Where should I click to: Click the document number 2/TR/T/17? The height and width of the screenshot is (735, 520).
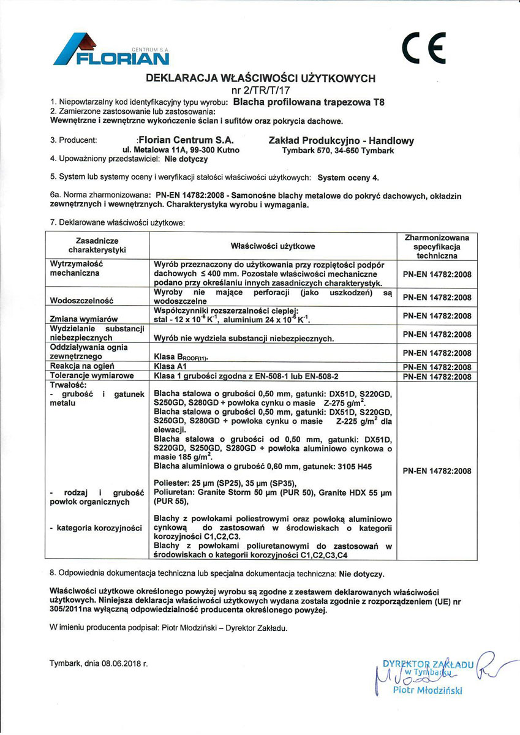[x=260, y=90]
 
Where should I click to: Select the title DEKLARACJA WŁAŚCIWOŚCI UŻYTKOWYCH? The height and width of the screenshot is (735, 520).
[x=260, y=78]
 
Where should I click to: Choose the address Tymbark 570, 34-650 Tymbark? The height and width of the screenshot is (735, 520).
[x=338, y=150]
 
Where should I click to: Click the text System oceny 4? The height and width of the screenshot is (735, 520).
[x=349, y=178]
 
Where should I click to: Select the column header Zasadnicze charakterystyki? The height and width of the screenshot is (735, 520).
[x=97, y=246]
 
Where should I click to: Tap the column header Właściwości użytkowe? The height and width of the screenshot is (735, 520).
[x=273, y=246]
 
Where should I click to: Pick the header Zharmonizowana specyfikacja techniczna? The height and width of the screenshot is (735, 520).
[x=437, y=246]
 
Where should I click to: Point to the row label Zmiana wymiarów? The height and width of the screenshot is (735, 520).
[x=83, y=319]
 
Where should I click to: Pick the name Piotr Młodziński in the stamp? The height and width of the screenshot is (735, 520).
[x=428, y=691]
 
